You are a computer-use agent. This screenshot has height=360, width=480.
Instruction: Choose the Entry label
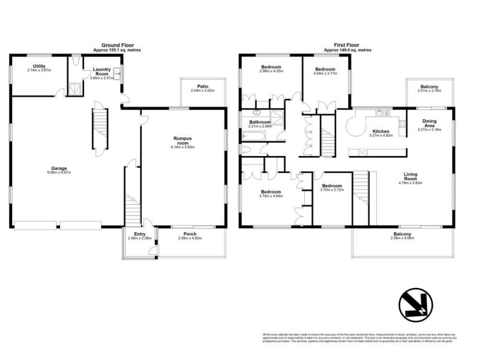pyautogui.click(x=139, y=234)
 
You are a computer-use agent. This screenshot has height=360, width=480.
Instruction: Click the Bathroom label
pyautogui.click(x=260, y=122)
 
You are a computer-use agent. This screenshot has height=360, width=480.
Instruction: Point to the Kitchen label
pyautogui.click(x=382, y=131)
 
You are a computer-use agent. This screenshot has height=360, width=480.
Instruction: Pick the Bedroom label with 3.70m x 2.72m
pyautogui.click(x=331, y=187)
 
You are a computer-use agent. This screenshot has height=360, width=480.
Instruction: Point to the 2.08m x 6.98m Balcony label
pyautogui.click(x=402, y=234)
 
